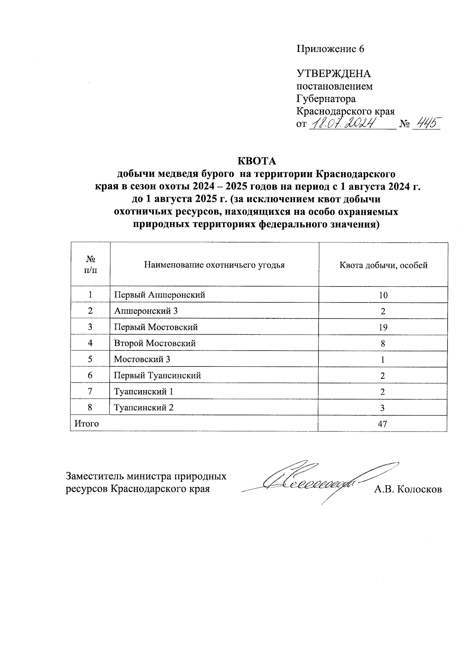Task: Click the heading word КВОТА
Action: click(x=258, y=161)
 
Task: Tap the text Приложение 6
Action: click(x=331, y=49)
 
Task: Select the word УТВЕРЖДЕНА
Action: click(x=334, y=74)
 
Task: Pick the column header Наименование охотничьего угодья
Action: click(x=214, y=265)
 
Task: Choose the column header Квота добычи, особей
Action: click(x=383, y=265)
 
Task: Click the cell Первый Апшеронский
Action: click(x=159, y=295)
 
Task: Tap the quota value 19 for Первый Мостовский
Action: click(x=383, y=327)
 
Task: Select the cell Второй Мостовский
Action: click(x=155, y=344)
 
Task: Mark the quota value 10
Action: click(x=383, y=295)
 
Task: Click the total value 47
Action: click(x=382, y=424)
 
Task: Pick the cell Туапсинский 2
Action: click(x=144, y=408)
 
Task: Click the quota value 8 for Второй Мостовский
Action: click(x=383, y=344)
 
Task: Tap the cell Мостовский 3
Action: click(x=142, y=359)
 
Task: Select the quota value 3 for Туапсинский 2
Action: click(x=382, y=408)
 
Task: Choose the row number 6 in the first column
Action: click(x=90, y=376)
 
